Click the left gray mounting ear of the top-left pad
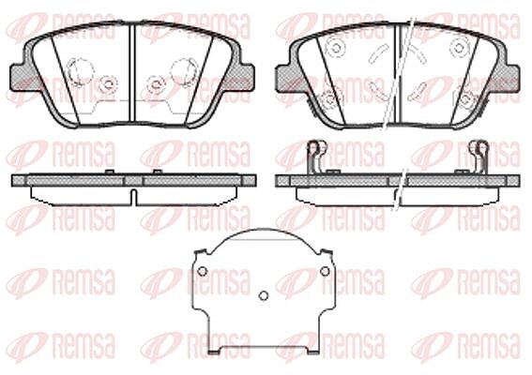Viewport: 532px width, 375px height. tap(18, 77)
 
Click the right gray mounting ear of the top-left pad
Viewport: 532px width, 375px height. tap(247, 77)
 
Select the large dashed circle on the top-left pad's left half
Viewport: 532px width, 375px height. tap(81, 70)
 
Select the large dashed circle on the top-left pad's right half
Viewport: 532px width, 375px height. tap(183, 70)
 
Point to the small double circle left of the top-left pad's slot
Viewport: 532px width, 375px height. tap(109, 83)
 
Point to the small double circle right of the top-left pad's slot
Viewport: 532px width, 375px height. tap(155, 84)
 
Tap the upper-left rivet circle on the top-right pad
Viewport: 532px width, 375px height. tap(336, 47)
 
